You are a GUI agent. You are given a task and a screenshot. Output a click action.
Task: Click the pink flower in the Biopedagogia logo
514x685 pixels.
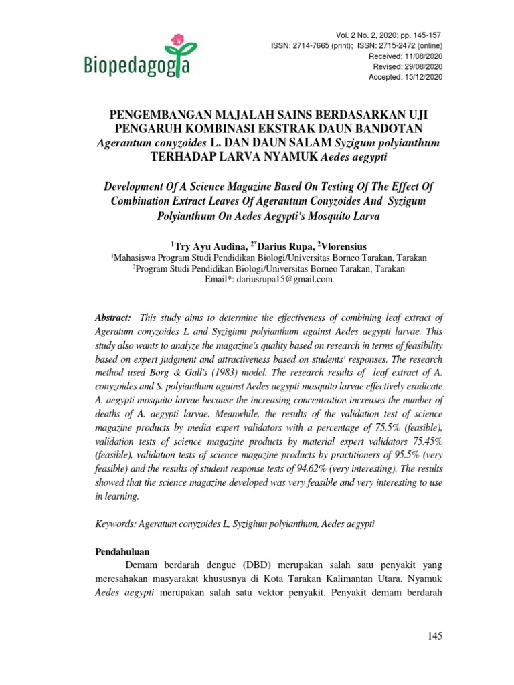pos(177,39)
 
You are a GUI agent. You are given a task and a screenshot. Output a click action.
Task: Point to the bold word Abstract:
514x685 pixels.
pos(112,317)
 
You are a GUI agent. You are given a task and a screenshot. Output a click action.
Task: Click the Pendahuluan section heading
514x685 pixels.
pos(120,551)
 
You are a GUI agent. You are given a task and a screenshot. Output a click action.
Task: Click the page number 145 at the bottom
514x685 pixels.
pos(434,636)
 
